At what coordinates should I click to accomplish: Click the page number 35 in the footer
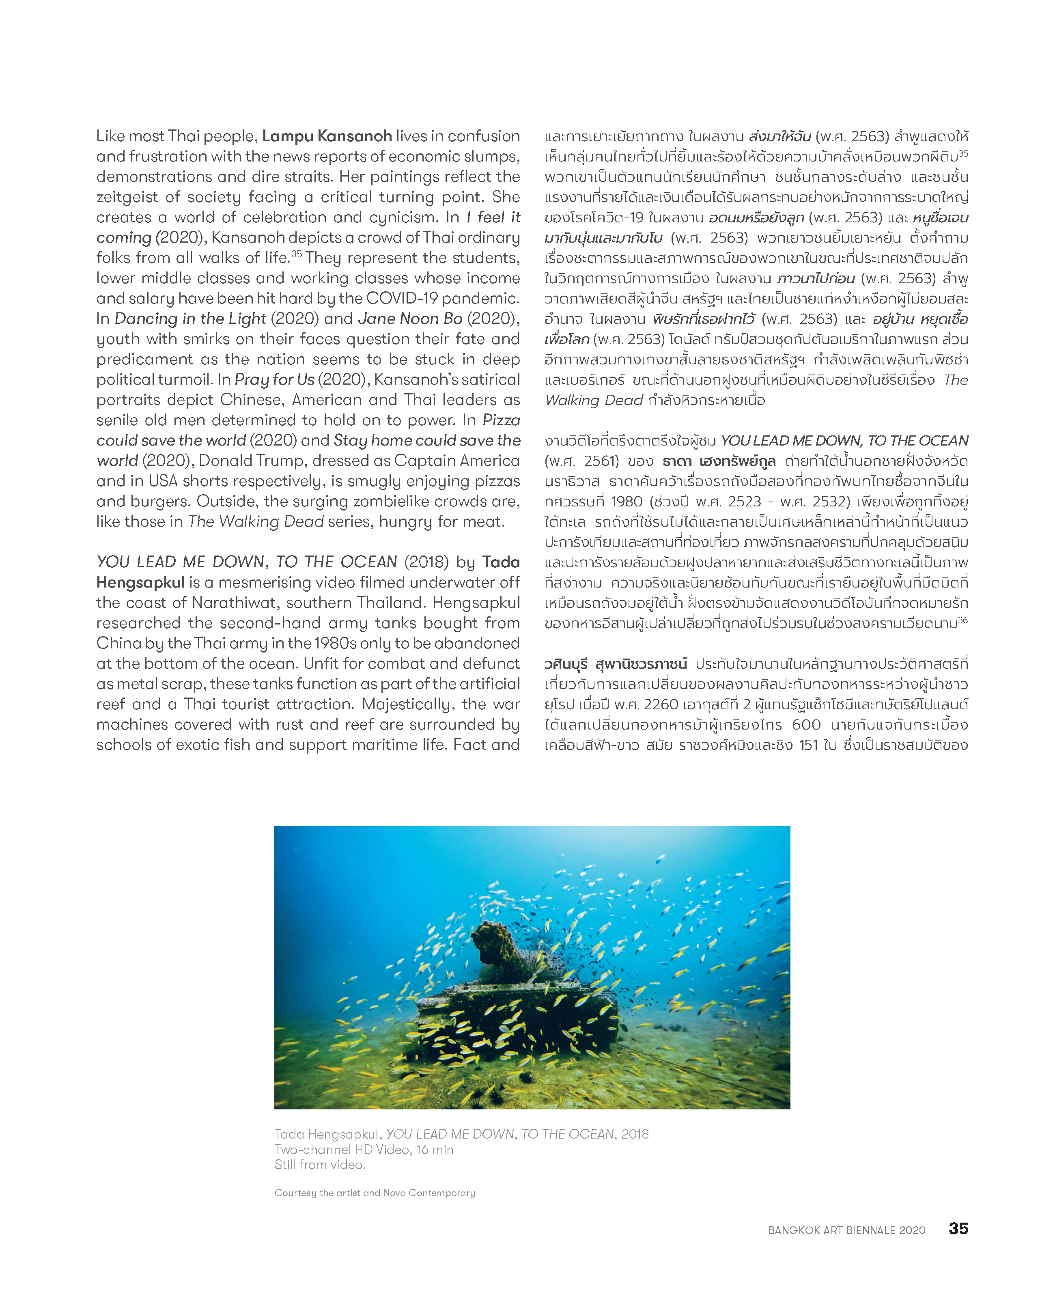click(958, 1228)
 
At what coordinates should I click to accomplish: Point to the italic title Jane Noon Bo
click(410, 319)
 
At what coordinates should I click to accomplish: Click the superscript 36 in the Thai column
click(962, 620)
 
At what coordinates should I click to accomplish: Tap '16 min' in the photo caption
click(433, 1150)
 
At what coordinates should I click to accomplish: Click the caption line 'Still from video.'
click(319, 1164)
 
